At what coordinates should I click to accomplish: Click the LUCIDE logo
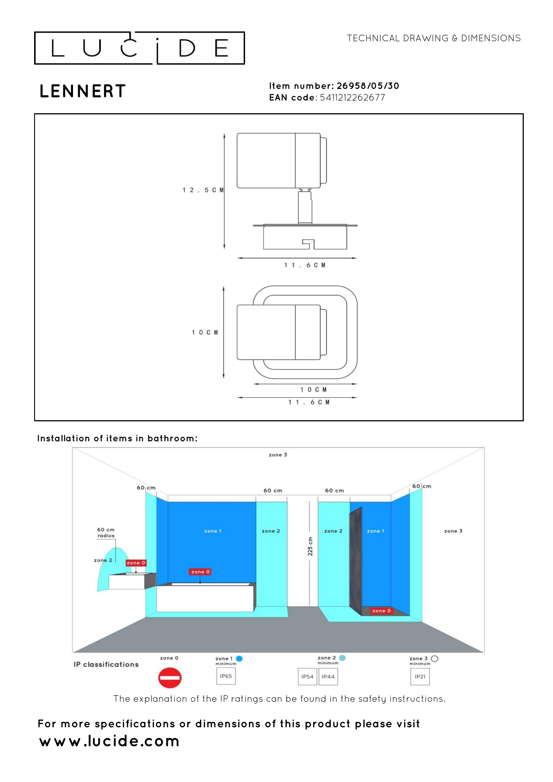139,48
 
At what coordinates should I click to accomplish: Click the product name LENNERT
83,91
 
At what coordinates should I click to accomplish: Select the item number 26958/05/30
368,86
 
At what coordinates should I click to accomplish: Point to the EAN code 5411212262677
352,97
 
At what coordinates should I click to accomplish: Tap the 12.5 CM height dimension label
203,190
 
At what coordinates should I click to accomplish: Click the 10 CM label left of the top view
204,332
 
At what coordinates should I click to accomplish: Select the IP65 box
226,676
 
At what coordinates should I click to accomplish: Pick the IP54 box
307,677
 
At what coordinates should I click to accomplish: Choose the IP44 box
328,677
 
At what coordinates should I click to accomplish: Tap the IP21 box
420,677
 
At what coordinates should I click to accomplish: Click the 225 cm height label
310,546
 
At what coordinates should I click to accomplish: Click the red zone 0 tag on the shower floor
381,611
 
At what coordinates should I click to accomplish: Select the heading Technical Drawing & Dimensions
433,38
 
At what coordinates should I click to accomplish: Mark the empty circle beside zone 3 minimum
434,659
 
